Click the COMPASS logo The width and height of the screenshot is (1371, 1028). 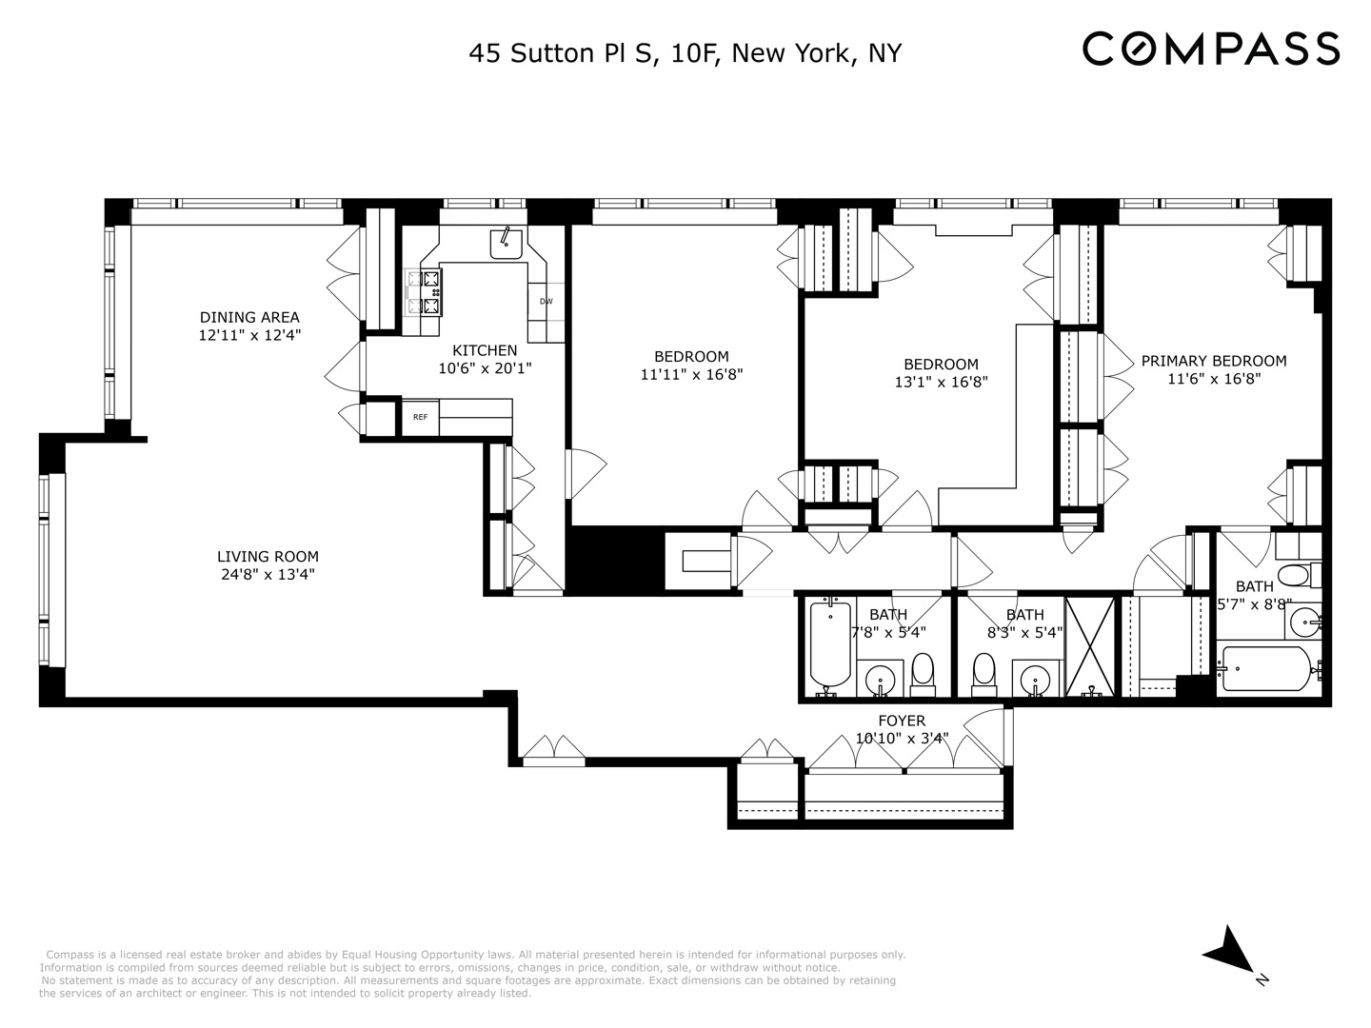pos(1211,49)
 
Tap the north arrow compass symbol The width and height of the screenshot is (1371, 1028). pos(1230,948)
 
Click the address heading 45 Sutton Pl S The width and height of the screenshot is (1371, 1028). pos(685,53)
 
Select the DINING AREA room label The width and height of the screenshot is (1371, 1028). pos(249,317)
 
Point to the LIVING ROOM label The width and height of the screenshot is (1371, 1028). pos(268,557)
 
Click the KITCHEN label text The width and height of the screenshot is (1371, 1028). pos(485,350)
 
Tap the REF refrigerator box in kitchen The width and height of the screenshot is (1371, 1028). pos(420,417)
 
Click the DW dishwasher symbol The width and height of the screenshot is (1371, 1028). pos(546,302)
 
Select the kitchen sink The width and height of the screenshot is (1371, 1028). pos(507,244)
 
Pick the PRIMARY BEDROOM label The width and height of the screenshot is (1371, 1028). pos(1214,361)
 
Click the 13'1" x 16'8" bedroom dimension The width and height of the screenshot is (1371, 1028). pos(941,383)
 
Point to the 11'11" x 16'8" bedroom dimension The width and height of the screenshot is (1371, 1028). pos(691,375)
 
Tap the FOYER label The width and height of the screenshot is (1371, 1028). pos(902,721)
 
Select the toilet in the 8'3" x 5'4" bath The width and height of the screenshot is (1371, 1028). pos(984,671)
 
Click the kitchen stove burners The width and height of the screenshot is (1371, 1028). pos(426,292)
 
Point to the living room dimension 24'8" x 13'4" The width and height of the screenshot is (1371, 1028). pos(268,575)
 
